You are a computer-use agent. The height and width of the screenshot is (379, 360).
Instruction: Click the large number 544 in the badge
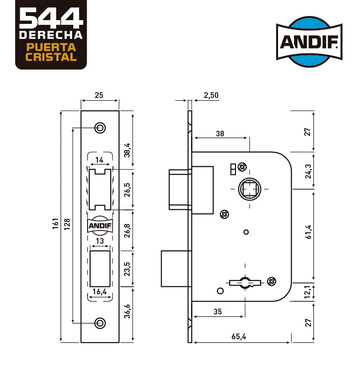[x=51, y=18]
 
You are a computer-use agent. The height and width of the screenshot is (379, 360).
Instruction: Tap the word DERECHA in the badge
[x=51, y=35]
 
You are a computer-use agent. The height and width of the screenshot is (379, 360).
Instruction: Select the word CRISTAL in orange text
[x=51, y=57]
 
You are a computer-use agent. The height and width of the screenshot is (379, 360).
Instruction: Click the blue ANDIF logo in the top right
[x=309, y=42]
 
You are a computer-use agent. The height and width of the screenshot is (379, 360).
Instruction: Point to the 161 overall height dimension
[x=55, y=223]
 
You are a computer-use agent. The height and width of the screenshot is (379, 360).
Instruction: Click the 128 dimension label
[x=67, y=224]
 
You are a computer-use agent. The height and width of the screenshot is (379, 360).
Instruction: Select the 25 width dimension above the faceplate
[x=99, y=95]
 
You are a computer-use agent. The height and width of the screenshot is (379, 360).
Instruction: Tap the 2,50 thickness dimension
[x=211, y=95]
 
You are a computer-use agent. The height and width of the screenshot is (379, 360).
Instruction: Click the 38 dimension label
[x=220, y=134]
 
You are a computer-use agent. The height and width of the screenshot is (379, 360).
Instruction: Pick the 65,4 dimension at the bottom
[x=239, y=336]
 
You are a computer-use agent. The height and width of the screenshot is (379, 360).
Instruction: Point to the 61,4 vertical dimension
[x=309, y=232]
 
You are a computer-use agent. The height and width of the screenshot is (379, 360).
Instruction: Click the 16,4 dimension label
[x=100, y=291]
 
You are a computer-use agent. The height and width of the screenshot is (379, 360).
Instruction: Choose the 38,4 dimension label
[x=127, y=150]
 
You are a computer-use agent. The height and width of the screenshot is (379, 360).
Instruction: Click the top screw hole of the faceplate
[x=100, y=127]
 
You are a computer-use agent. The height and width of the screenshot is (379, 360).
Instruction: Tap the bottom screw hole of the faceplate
[x=100, y=323]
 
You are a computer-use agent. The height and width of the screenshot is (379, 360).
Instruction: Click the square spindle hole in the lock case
[x=250, y=189]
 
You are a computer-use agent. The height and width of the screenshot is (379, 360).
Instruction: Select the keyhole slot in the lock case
[x=245, y=282]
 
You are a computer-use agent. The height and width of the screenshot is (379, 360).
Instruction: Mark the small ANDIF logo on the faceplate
[x=100, y=226]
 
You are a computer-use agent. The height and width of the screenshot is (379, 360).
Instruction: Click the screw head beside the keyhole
[x=272, y=282]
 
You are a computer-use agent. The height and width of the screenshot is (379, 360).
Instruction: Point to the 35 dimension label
[x=217, y=312]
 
